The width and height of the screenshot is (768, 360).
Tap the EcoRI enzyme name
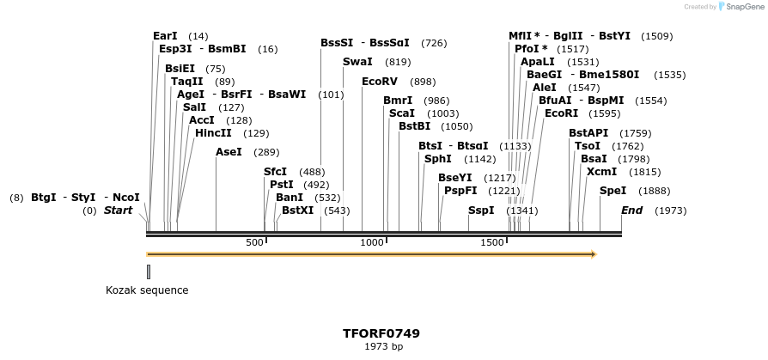click(561, 113)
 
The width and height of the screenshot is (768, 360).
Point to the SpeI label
click(613, 191)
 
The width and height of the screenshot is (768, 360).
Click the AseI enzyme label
click(229, 152)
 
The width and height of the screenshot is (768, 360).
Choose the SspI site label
click(481, 211)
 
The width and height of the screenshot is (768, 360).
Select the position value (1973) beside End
click(671, 211)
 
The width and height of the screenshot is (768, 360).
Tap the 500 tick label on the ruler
click(254, 243)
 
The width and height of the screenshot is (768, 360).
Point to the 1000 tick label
click(372, 243)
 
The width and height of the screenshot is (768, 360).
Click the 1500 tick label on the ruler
click(492, 243)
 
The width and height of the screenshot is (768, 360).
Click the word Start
click(119, 211)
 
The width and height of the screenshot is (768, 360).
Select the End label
click(631, 211)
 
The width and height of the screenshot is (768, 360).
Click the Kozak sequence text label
click(147, 290)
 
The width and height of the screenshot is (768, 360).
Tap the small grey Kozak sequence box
click(149, 272)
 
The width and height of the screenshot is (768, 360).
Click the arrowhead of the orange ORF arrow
click(592, 254)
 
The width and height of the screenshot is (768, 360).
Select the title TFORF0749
click(381, 333)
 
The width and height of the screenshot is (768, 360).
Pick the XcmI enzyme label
click(601, 172)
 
